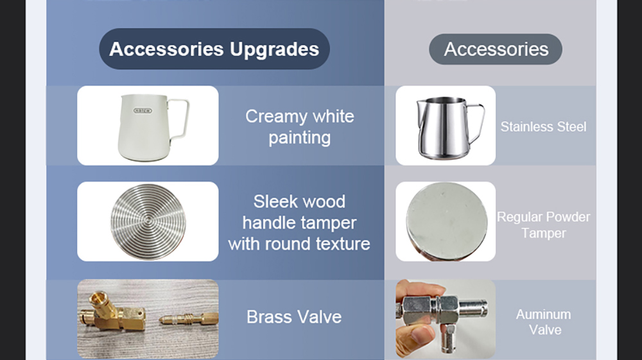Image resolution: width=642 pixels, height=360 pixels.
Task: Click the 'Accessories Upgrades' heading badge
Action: pos(214,49)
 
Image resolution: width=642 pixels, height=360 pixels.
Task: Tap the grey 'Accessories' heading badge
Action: pos(496,49)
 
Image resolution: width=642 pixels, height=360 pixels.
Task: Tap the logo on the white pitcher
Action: pos(143,110)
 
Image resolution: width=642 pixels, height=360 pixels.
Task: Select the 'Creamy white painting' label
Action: pos(300,127)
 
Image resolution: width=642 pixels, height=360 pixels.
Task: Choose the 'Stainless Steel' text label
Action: pos(543,127)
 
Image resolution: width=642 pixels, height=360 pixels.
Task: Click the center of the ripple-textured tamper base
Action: pos(148,221)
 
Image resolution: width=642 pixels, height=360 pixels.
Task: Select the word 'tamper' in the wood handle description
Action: pos(328,223)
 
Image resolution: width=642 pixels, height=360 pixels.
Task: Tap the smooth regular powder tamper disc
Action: pos(447,221)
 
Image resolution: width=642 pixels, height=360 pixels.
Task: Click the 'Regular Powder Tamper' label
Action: pos(543,225)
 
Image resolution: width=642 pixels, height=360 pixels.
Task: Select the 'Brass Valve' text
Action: pos(294,317)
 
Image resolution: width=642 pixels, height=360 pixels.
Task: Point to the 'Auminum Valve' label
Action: pos(544,322)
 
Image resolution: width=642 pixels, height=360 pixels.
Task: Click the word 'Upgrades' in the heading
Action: pos(274,49)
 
